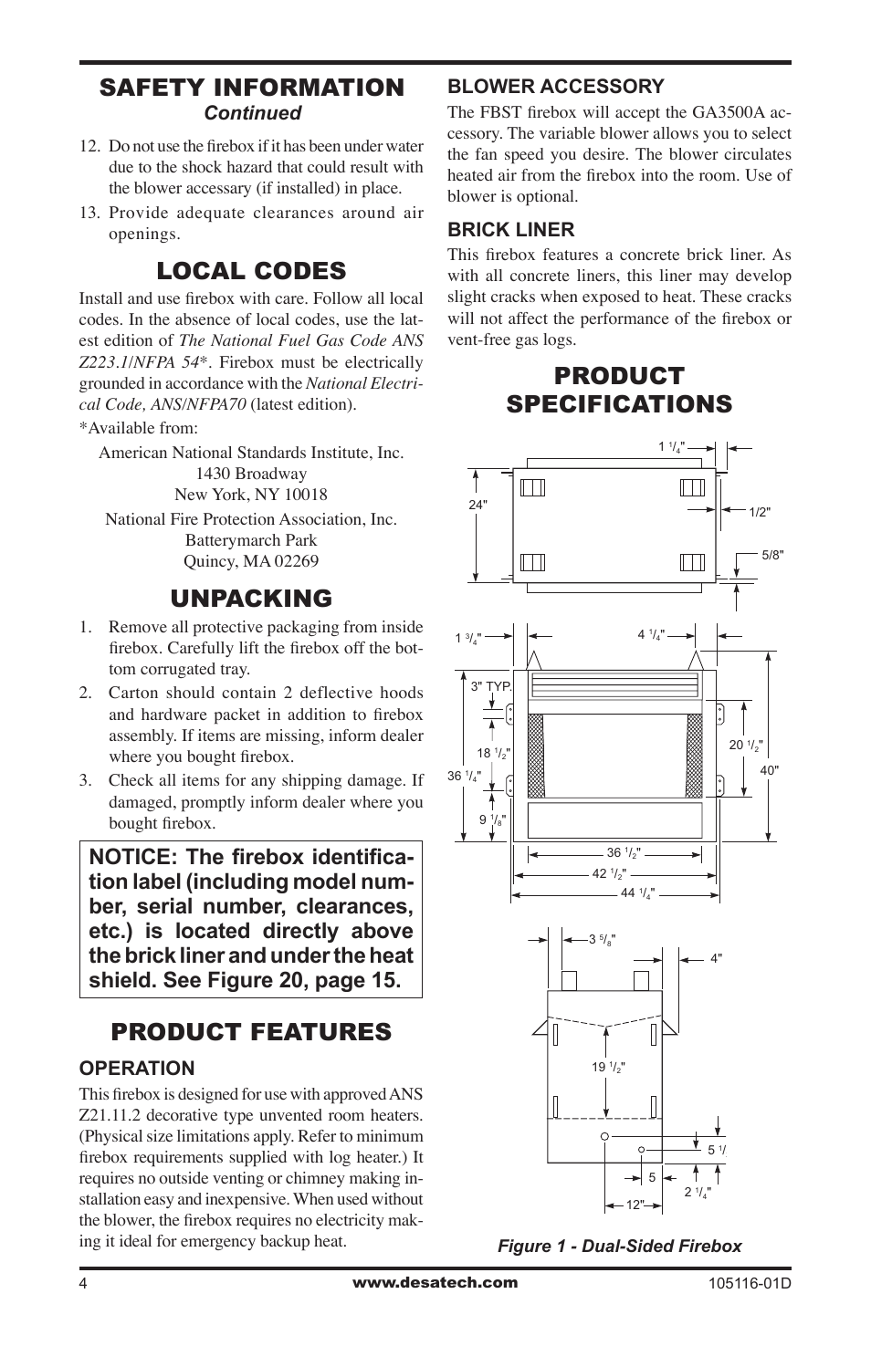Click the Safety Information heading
click(251, 88)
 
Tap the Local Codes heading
click(251, 271)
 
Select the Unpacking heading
click(251, 599)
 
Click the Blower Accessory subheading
click(555, 87)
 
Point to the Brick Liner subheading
click(510, 229)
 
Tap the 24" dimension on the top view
click(478, 505)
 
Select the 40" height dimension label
click(770, 770)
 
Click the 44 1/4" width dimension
click(636, 893)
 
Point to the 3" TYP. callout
click(490, 687)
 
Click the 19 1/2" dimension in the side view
click(607, 1066)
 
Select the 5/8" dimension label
click(772, 554)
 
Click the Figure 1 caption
click(619, 1246)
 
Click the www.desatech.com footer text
click(435, 1282)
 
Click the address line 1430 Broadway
click(251, 474)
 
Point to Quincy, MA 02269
click(251, 561)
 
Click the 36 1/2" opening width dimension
click(624, 853)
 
